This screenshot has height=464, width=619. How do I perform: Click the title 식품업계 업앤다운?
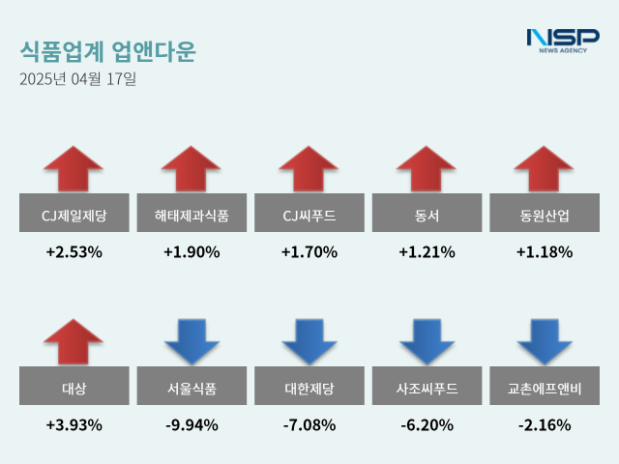106,51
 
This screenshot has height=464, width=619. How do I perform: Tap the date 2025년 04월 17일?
77,80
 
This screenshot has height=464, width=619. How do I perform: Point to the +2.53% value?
74,252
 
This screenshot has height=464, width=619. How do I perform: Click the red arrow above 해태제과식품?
192,168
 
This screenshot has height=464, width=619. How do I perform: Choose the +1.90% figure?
192,252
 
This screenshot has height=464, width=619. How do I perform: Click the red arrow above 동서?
427,168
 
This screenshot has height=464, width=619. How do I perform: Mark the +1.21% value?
427,252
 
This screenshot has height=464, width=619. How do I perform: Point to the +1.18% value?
545,252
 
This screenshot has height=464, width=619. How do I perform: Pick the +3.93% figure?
74,424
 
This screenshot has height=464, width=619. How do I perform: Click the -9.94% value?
192,424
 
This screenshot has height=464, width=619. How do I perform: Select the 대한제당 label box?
309,389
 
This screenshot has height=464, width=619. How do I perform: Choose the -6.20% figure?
427,424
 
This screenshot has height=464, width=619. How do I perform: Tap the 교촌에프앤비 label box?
545,389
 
